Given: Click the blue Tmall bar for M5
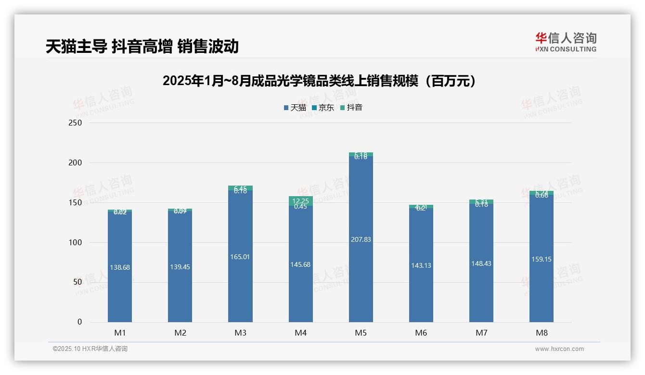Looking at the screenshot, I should point(361,279).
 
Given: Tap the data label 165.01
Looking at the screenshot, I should point(240,257).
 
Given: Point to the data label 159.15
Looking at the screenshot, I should point(542,259).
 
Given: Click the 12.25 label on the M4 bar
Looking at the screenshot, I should point(300,201).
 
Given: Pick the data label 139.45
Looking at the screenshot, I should point(180,267).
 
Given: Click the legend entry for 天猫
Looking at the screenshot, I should point(295,108).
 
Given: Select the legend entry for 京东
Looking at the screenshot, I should point(323,108).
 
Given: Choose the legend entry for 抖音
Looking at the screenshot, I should point(351,108).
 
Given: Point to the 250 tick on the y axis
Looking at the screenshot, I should point(76,123).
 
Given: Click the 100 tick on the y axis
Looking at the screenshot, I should point(76,243).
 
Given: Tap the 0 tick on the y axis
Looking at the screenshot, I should point(80,322).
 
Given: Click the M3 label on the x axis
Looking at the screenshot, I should point(240,333).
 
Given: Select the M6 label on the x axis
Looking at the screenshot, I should point(421,333).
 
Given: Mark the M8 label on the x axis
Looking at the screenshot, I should point(542,333).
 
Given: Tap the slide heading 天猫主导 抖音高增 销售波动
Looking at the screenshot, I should point(142,47).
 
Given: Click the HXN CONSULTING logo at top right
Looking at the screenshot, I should point(566,42).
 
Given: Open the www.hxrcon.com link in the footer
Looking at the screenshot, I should point(559,349).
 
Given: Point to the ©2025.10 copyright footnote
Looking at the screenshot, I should point(90,349).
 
